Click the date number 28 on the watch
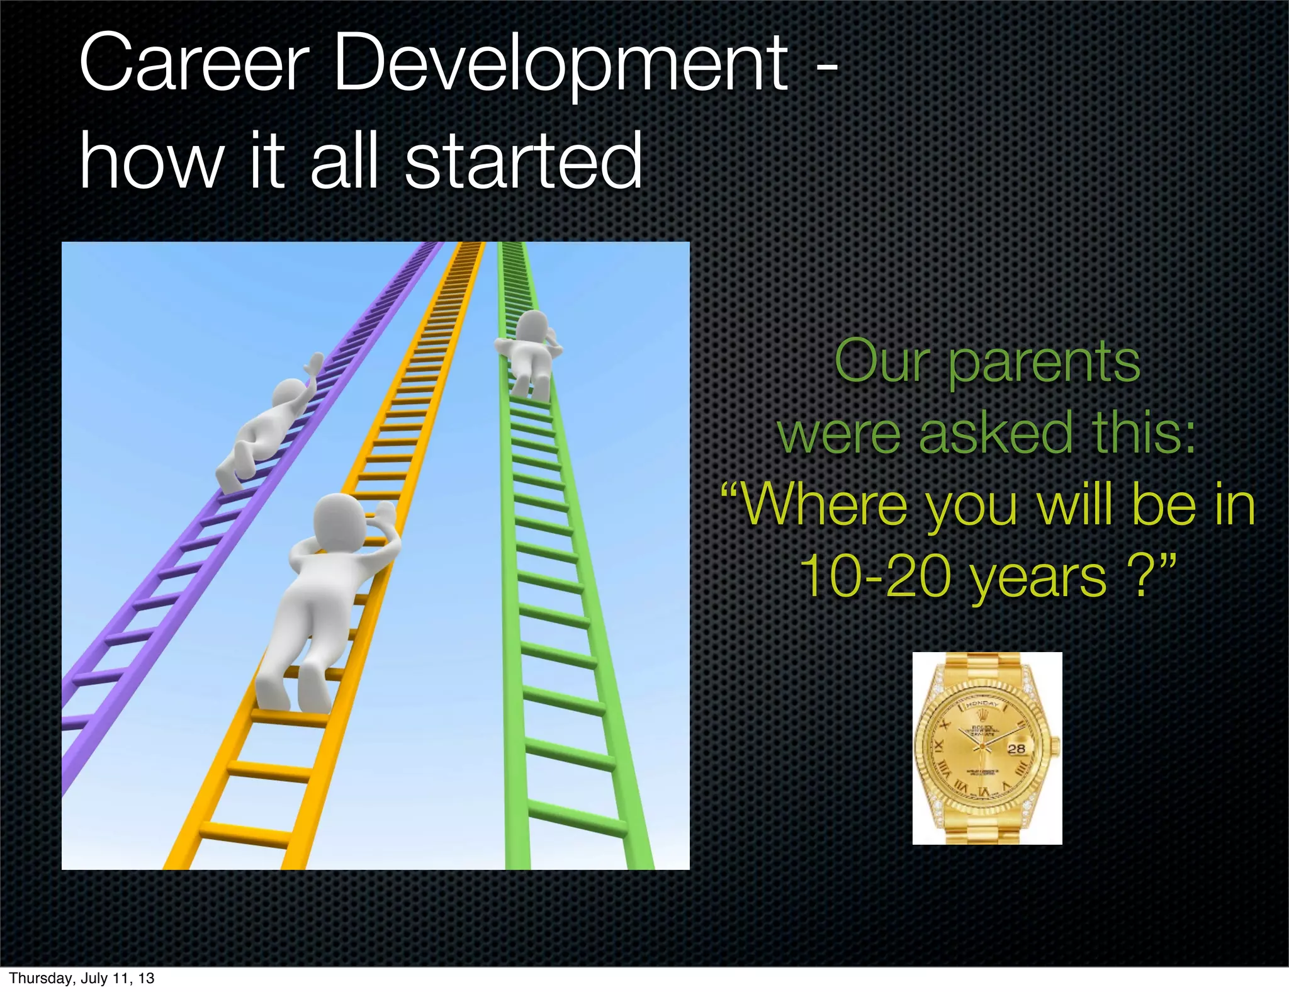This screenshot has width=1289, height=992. point(1016,748)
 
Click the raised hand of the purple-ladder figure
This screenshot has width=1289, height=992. point(313,365)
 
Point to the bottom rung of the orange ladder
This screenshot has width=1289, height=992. point(245,834)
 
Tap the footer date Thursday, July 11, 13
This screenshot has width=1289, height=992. point(82,978)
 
